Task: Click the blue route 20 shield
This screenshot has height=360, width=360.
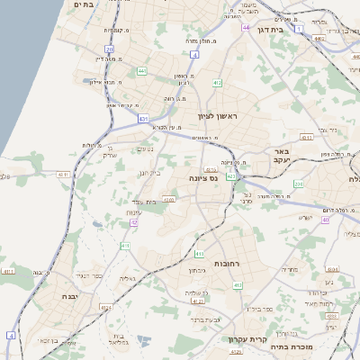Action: [109, 49]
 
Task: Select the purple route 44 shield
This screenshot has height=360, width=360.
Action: [246, 28]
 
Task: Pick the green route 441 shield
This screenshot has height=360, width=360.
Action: [142, 70]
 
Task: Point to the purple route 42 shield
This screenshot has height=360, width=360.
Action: [134, 221]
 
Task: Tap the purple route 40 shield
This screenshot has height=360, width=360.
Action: [325, 220]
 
